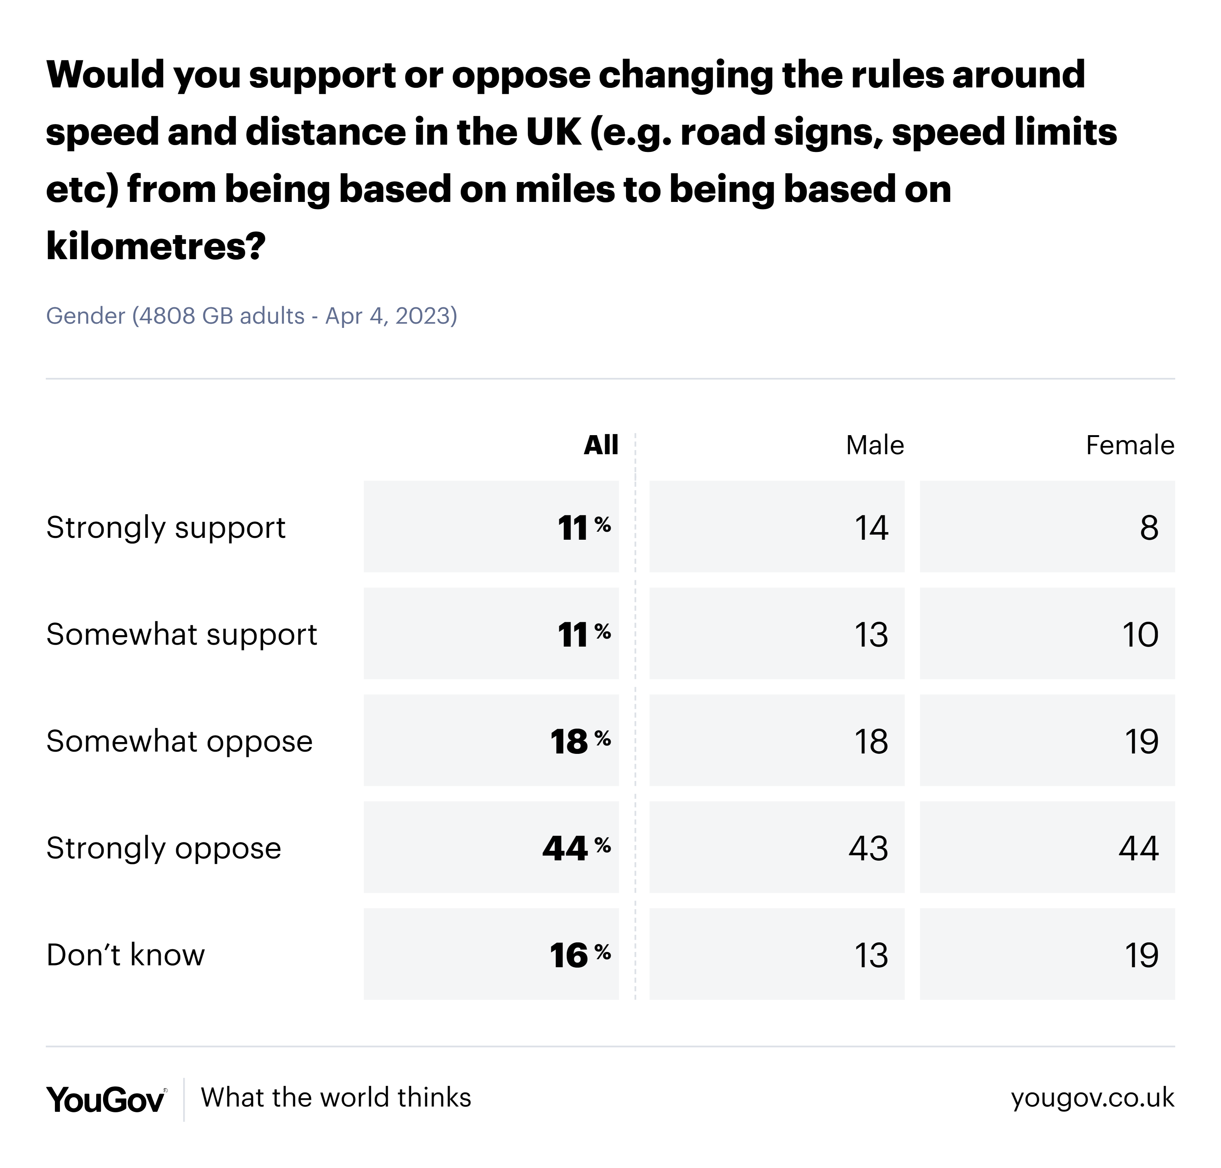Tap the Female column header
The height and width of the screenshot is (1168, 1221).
pyautogui.click(x=1129, y=445)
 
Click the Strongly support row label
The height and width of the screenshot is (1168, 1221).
pyautogui.click(x=166, y=528)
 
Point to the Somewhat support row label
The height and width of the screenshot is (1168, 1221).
pyautogui.click(x=181, y=634)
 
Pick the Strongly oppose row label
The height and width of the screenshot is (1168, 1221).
pyautogui.click(x=164, y=848)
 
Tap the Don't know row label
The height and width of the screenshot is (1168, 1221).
pyautogui.click(x=125, y=955)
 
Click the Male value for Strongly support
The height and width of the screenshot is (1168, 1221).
pyautogui.click(x=871, y=528)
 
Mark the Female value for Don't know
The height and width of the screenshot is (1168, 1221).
pyautogui.click(x=1141, y=955)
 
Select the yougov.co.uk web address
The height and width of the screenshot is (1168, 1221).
pyautogui.click(x=1092, y=1098)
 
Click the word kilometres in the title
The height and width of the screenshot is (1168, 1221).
pyautogui.click(x=156, y=246)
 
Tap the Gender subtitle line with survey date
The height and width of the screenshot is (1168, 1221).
pyautogui.click(x=251, y=316)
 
